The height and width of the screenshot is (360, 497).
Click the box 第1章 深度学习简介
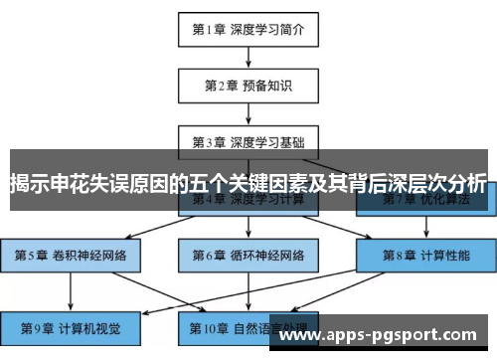(248, 29)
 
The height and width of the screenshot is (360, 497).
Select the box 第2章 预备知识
(248, 85)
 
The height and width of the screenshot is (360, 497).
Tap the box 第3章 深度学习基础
(248, 141)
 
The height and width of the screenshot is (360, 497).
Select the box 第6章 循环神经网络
(248, 256)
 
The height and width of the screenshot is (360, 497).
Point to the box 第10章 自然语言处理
(248, 326)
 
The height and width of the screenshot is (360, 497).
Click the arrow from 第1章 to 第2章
(248, 57)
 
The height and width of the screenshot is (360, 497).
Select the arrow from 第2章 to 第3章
(248, 113)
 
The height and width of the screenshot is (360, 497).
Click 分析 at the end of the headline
(465, 184)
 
